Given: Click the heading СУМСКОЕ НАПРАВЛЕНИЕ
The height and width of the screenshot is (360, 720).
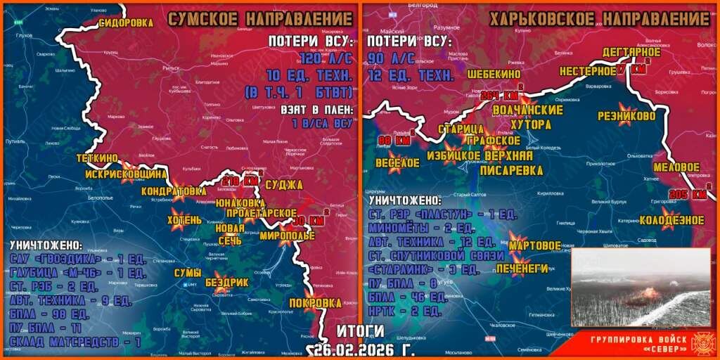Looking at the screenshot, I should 260,19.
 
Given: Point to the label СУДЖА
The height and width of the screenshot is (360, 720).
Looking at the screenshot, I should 284,185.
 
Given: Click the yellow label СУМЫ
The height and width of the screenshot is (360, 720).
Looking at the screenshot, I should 188,273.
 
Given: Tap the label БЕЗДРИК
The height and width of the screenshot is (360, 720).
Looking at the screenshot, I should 226,282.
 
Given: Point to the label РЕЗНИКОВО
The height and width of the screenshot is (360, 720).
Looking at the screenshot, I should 626,115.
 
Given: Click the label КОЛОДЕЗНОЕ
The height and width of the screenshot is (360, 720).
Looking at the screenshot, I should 671,220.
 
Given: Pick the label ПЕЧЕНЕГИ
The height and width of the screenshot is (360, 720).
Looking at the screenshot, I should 522,268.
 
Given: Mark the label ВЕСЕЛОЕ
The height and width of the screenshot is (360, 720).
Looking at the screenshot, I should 398,162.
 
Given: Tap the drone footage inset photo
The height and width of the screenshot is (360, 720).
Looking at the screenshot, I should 641,287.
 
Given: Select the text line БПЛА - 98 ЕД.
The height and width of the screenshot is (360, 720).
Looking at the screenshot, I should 42,314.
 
